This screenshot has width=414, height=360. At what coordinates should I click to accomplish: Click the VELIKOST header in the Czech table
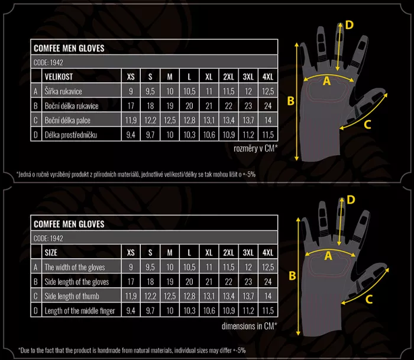(59, 76)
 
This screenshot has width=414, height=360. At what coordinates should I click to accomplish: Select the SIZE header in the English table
(51, 253)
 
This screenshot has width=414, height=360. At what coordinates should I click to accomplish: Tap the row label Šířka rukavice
(63, 91)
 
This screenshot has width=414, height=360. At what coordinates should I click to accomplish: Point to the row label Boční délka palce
(67, 121)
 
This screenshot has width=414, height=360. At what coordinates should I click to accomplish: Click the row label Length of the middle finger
(80, 311)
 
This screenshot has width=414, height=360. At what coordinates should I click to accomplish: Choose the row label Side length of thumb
(72, 296)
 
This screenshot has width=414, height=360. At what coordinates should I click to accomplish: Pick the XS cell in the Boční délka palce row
(131, 121)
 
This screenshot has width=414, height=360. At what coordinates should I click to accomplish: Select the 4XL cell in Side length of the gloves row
(268, 282)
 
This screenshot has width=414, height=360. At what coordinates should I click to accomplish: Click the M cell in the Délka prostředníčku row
(170, 135)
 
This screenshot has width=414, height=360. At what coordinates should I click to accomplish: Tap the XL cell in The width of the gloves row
(209, 267)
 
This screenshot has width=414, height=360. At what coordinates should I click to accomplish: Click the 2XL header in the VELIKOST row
(229, 76)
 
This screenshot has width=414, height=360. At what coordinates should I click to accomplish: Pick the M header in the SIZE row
(170, 253)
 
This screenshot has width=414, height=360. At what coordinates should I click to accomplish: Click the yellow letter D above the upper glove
(349, 25)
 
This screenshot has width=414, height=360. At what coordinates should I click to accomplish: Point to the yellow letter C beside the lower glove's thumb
(369, 299)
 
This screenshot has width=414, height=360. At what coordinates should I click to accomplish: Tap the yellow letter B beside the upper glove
(291, 101)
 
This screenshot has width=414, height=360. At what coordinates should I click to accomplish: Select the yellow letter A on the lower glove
(328, 256)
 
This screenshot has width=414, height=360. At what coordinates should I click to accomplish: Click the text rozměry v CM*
(255, 149)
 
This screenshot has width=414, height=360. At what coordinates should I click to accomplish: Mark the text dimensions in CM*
(250, 326)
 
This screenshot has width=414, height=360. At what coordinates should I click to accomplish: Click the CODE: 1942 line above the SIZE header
(48, 239)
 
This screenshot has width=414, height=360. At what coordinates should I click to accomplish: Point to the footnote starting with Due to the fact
(132, 351)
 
